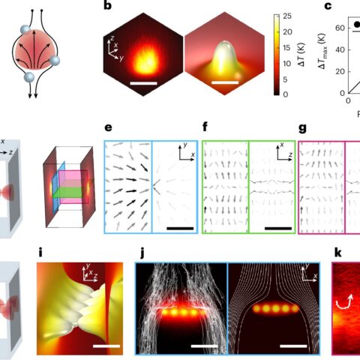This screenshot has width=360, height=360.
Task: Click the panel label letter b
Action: click(107, 6)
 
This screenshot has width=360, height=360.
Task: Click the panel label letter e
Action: click(108, 127)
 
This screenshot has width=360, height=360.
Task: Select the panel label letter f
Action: click(205, 127)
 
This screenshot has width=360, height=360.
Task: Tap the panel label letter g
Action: click(302, 128)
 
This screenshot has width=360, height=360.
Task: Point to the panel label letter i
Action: click(40, 253)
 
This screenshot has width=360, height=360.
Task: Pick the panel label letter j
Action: click(142, 253)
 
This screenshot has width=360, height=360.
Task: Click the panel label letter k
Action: click(337, 253)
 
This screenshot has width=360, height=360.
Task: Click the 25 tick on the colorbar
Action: click(287, 16)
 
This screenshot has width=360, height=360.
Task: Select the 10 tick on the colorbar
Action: click(287, 64)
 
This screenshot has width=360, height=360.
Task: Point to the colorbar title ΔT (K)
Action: click(301, 55)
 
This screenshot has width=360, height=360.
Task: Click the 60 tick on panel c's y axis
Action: click(340, 28)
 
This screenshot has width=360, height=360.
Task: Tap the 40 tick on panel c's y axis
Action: click(340, 49)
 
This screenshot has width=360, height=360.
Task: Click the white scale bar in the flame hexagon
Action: click(144, 83)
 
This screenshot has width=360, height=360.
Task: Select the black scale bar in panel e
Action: click(180, 228)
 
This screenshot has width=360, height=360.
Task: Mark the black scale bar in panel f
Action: click(278, 228)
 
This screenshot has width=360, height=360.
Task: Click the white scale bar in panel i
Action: click(106, 346)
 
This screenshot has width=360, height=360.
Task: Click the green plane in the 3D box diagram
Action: click(67, 193)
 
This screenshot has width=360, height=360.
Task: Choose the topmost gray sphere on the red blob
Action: click(25, 29)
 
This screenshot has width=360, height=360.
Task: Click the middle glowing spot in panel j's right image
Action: click(275, 309)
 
